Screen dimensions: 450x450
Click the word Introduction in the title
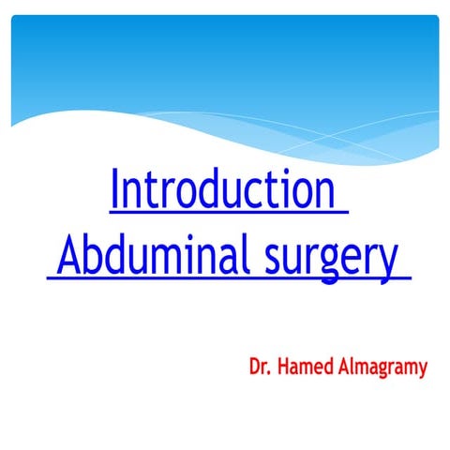[222, 190]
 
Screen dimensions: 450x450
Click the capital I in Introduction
[115, 190]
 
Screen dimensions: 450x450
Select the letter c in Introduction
[251, 194]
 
